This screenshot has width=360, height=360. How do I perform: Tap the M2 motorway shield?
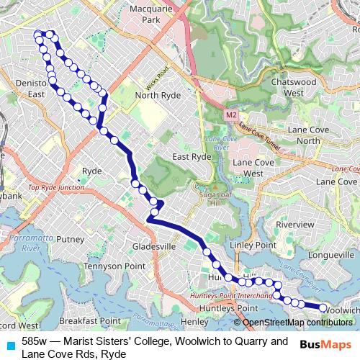(230, 114)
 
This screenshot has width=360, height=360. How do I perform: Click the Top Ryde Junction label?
(56, 187)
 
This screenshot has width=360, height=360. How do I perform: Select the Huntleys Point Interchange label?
(232, 296)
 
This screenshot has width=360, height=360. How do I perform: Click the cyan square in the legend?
(10, 344)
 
